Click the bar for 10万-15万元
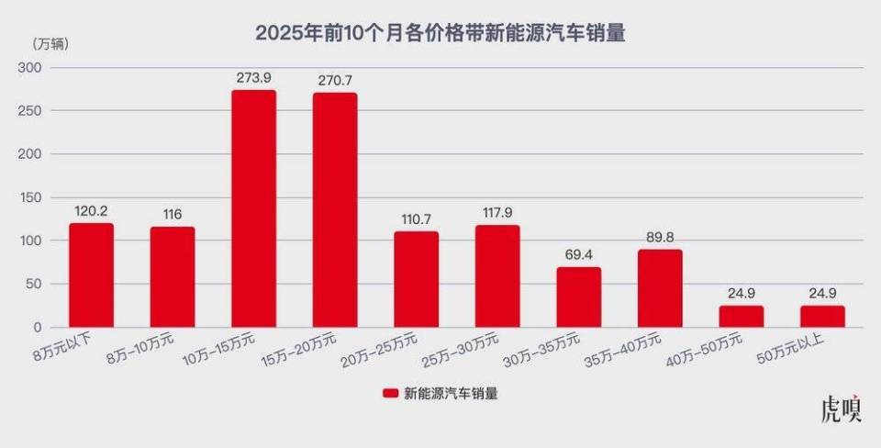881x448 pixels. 253,208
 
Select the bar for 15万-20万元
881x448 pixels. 335,210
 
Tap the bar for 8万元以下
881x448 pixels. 91,275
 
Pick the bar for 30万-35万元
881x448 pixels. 578,297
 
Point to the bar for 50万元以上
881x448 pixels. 822,317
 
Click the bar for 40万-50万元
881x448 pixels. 741,317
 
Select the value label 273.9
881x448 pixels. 253,78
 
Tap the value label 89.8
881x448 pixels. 660,238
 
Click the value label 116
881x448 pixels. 173,214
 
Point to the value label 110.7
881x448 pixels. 416,219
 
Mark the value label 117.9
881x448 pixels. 497,213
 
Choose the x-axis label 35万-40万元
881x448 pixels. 650,350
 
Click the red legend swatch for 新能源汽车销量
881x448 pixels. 389,393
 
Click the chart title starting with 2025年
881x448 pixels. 440,33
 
